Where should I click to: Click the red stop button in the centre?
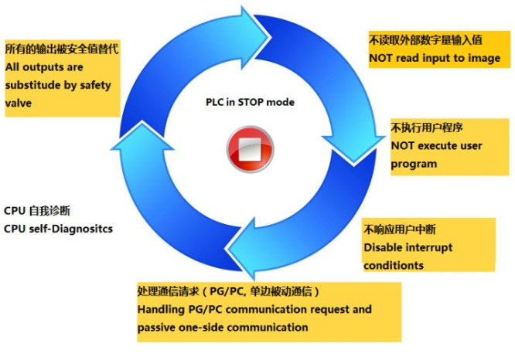coord(251,149)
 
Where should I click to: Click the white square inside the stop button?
coord(250,149)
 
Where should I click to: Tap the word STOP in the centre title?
coord(251,102)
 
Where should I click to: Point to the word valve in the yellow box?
coord(19,103)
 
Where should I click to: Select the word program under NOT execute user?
coord(414,164)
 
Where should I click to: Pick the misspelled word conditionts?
coord(394,265)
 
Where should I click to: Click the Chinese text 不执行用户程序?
coord(427,127)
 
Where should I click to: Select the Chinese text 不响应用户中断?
coord(400,229)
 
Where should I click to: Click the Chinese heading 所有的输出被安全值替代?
coord(62,49)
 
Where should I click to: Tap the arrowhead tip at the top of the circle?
coord(270,37)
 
